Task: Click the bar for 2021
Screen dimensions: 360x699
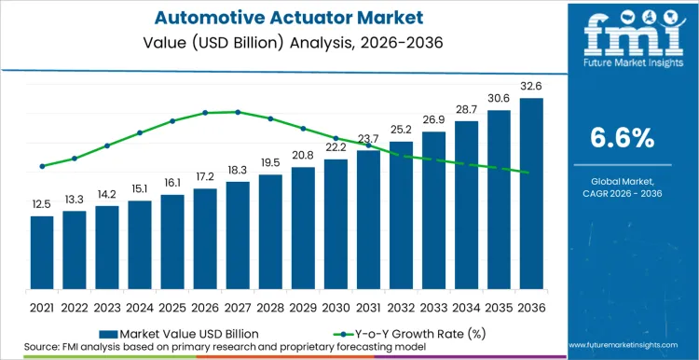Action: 42,255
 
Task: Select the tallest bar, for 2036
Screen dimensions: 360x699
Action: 531,196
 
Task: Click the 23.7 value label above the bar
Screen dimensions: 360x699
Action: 368,140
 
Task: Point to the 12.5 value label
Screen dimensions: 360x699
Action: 42,204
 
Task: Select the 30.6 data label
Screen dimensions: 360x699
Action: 499,99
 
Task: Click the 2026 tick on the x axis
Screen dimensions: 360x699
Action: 205,306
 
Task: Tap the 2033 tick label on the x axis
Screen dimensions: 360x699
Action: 433,306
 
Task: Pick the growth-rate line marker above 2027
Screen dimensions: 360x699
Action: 238,112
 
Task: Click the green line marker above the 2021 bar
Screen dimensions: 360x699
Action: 42,167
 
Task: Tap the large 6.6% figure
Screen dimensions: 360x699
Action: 622,138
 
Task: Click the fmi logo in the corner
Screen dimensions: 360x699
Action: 622,33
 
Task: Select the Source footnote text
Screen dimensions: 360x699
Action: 224,348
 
